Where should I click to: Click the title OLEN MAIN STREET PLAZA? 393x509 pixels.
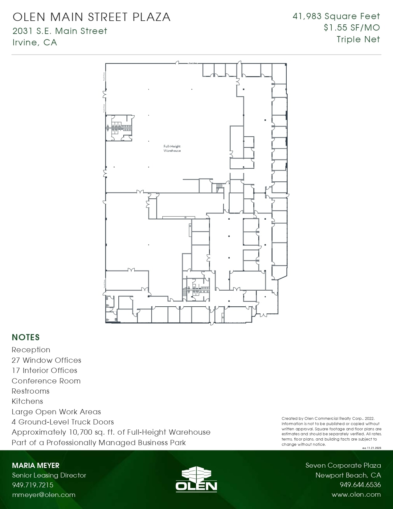coord(92,17)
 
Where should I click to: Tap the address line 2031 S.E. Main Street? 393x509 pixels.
coord(60,31)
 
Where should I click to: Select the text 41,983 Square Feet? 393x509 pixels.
coord(336,16)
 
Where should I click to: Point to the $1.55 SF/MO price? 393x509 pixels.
coord(352,28)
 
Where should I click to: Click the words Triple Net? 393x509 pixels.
coord(358,39)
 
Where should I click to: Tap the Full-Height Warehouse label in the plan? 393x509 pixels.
coord(172,148)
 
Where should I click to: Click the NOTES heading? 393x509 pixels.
coord(26,337)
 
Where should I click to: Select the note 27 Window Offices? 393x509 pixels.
coord(46,360)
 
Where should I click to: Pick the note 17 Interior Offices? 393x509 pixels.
coord(44,370)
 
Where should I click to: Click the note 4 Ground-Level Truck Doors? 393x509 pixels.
coord(63,422)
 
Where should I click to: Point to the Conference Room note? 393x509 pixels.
coord(46,381)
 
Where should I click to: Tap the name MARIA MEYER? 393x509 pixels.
coord(35,465)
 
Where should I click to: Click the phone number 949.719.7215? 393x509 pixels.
coord(33,485)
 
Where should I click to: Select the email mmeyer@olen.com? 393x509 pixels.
coord(43,495)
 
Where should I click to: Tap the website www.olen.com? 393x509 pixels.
coord(356,495)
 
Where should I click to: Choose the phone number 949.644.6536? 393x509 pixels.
coord(360,485)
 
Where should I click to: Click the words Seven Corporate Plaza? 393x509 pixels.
coord(343,465)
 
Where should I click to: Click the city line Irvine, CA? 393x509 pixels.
coord(35,42)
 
